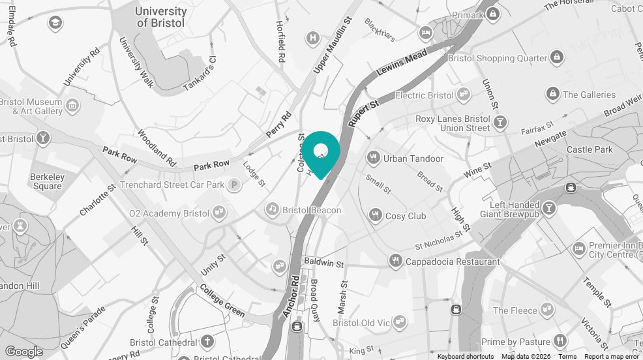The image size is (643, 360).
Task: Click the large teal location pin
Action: point(321,152)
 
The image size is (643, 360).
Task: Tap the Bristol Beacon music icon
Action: point(272,209)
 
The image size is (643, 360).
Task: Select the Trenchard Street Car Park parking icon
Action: point(233,185)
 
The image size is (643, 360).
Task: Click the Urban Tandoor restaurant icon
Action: point(374,157)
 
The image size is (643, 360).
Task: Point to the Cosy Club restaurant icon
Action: point(375,215)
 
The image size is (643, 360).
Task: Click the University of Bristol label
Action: point(160,17)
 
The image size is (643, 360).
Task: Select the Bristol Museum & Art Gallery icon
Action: point(72,104)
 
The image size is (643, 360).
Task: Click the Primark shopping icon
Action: point(492,14)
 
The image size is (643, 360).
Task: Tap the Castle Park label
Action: point(590,149)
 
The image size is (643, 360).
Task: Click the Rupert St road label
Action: point(363,112)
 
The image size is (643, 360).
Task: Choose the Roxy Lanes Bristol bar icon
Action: point(500,122)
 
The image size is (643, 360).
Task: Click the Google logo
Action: point(23,352)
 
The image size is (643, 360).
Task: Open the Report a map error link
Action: point(611,356)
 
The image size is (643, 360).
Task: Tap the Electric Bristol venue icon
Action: point(463,95)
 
